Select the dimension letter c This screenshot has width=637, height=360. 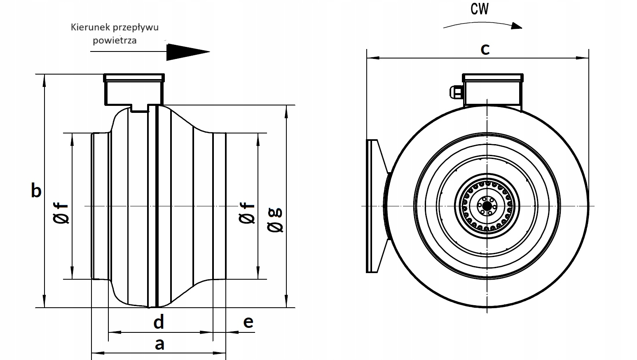pyautogui.click(x=485, y=49)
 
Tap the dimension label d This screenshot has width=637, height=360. pyautogui.click(x=159, y=322)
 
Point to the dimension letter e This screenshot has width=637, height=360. pyautogui.click(x=248, y=322)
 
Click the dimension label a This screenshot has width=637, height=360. pyautogui.click(x=159, y=344)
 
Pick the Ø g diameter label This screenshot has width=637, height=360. pyautogui.click(x=276, y=220)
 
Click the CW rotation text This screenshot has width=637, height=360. pyautogui.click(x=480, y=9)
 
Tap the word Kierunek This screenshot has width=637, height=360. pyautogui.click(x=88, y=28)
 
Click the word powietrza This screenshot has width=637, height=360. pyautogui.click(x=115, y=40)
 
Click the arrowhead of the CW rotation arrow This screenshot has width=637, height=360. pyautogui.click(x=516, y=26)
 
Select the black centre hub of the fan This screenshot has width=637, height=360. pyautogui.click(x=487, y=205)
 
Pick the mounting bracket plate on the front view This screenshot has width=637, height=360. pyautogui.click(x=372, y=206)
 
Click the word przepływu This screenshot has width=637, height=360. pyautogui.click(x=133, y=28)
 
